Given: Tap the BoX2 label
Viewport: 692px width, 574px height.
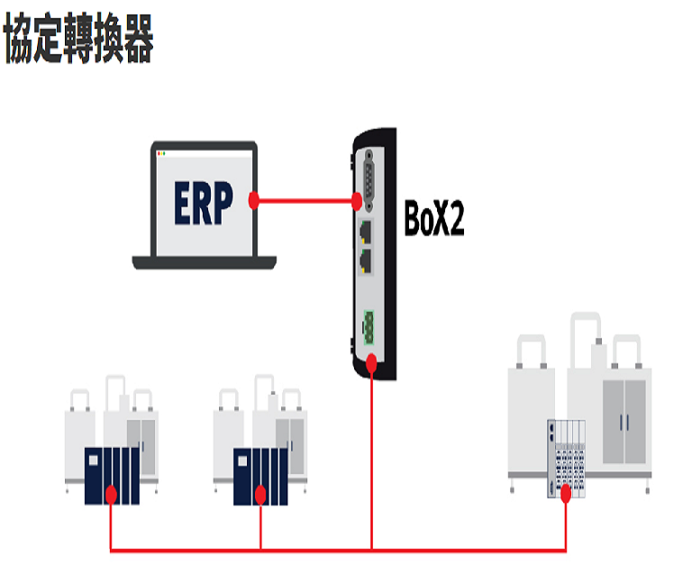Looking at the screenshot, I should [x=434, y=219].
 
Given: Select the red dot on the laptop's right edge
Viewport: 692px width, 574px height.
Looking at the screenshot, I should [x=255, y=199].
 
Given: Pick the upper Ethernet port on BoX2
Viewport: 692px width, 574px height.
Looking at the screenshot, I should [x=367, y=230].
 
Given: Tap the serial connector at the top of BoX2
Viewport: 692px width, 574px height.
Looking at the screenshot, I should [x=368, y=177].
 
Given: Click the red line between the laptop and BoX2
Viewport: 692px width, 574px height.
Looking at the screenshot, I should [x=306, y=199].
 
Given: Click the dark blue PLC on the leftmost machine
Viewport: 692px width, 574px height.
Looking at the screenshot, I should [x=111, y=476].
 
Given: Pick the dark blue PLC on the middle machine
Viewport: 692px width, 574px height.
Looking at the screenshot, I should [x=260, y=476].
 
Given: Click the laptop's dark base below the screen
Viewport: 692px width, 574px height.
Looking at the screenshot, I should [x=204, y=262].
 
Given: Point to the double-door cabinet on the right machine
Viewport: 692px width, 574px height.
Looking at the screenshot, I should [x=623, y=418].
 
